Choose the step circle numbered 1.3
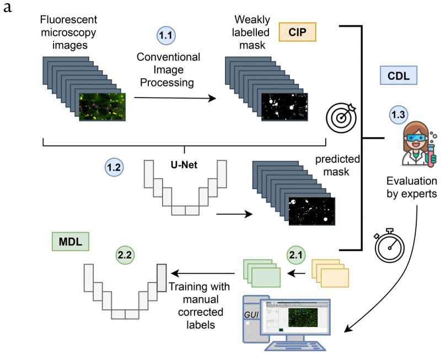tap(400, 115)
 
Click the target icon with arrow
tap(342, 117)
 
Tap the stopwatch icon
tap(390, 245)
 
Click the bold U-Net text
tap(183, 164)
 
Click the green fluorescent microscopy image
tap(103, 106)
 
